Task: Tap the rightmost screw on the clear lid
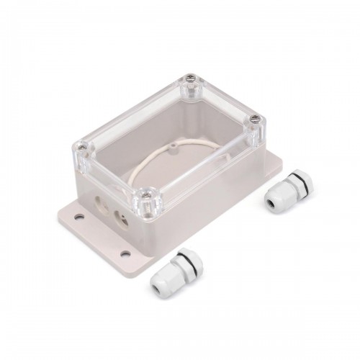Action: [x=254, y=121]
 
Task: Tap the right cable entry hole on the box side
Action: [x=120, y=214]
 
